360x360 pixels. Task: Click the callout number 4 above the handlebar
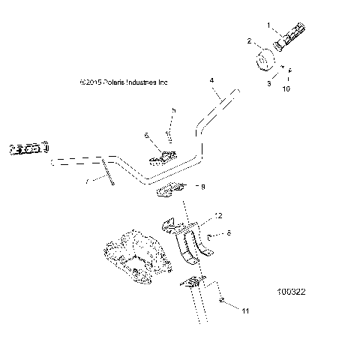(x=211, y=79)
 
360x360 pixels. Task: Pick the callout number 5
(x=173, y=110)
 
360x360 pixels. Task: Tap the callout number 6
(x=147, y=135)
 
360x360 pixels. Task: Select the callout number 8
(x=229, y=234)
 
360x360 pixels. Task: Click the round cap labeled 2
(x=265, y=60)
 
